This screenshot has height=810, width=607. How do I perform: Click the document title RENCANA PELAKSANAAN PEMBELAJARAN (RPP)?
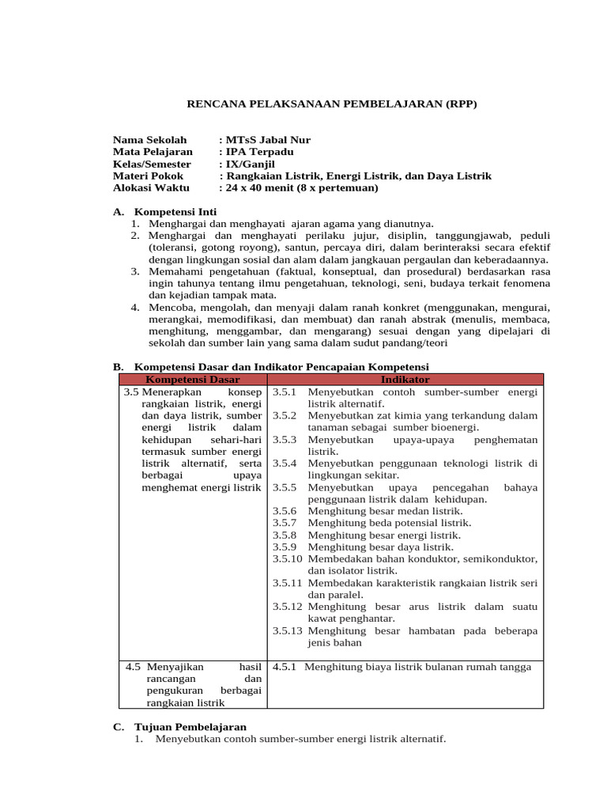pos(331,104)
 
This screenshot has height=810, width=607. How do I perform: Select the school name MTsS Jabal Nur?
pos(267,140)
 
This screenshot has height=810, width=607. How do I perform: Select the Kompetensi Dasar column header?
pos(193,380)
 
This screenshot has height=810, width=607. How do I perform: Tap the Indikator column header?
pos(405,380)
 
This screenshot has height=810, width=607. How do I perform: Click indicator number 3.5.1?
pos(284,392)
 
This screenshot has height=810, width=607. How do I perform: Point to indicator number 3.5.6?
pos(284,511)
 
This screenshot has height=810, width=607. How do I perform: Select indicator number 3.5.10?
pos(287,558)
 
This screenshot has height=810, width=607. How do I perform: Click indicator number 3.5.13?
pos(287,630)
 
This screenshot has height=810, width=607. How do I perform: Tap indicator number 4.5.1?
pos(284,667)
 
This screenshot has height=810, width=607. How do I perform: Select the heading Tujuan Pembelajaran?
pos(190,726)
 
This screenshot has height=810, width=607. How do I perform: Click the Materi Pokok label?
pos(148,176)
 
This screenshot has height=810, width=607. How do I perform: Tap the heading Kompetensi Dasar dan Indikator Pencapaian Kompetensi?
pos(281,367)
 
